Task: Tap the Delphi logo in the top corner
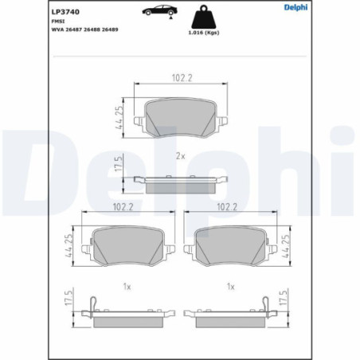tap(295, 7)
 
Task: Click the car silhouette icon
tap(159, 11)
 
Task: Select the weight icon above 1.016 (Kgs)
tap(204, 17)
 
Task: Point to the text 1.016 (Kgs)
tap(204, 33)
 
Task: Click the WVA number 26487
tap(73, 29)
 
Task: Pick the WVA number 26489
tap(110, 29)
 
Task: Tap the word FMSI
tap(58, 22)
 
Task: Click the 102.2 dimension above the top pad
tap(182, 78)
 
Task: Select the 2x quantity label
tap(181, 156)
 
